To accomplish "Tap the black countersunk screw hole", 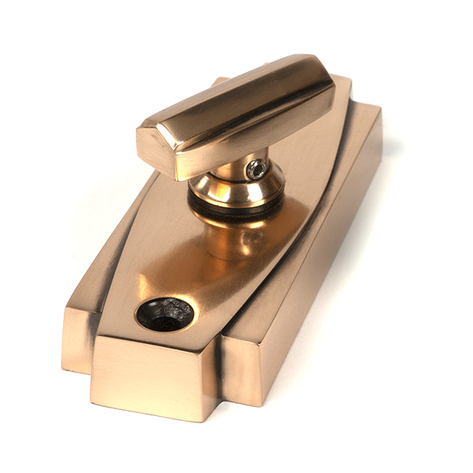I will click(165, 314).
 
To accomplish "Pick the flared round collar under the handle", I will click(236, 189).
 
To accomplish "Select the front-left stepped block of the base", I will click(78, 339).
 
